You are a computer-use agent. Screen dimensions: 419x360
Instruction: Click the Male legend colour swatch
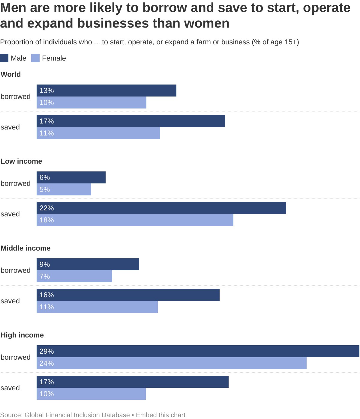click(4, 58)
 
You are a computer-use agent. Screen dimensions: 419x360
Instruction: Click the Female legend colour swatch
click(35, 58)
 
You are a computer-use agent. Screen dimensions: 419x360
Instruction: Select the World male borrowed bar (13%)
click(106, 91)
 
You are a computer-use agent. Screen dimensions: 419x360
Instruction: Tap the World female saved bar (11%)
click(98, 133)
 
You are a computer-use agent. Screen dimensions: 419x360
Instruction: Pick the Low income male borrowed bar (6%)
click(71, 177)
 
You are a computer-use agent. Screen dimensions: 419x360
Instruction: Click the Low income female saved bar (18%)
click(135, 220)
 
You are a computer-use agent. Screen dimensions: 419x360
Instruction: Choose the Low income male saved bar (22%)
click(161, 208)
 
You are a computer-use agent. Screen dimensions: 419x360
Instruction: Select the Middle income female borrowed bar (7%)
click(74, 276)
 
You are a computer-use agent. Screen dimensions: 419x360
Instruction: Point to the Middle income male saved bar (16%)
click(128, 295)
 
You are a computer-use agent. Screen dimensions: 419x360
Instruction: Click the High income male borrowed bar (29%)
click(198, 351)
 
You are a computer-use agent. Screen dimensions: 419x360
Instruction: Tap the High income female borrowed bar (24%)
click(172, 363)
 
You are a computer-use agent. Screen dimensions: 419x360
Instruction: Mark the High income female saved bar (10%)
click(91, 394)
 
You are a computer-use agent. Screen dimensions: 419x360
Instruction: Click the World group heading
click(11, 74)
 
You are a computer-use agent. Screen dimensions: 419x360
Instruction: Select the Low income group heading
click(21, 161)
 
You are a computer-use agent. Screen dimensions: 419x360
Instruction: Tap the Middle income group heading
click(25, 248)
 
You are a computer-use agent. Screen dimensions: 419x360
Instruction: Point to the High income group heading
click(22, 335)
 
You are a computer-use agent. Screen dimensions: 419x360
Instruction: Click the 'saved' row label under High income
click(10, 388)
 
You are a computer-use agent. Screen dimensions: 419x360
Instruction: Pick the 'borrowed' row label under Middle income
click(16, 270)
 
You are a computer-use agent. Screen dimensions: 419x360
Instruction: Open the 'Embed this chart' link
click(160, 415)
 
